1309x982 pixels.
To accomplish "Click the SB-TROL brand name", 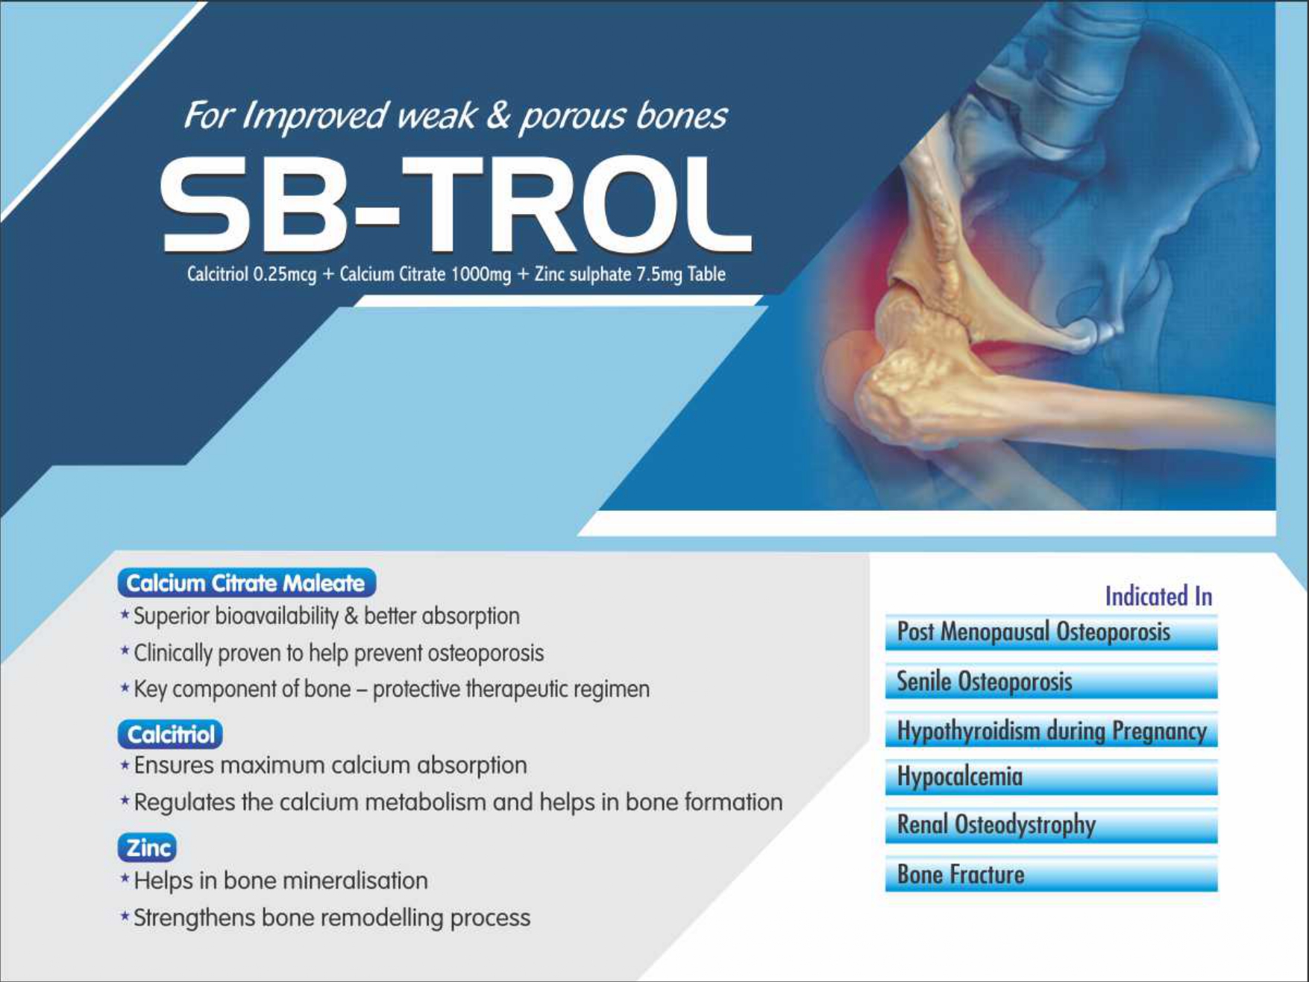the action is click(456, 204).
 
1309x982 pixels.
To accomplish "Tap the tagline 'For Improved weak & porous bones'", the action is click(455, 116).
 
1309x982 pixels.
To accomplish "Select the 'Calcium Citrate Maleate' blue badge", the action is click(246, 582).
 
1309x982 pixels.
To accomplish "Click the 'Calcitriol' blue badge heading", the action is click(170, 734).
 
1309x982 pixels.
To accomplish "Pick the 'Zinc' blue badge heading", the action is click(147, 848).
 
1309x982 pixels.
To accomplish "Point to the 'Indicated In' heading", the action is click(1158, 597).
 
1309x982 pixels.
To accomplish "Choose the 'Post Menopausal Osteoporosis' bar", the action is click(1051, 632).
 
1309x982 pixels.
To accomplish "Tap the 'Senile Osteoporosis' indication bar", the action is click(1051, 682).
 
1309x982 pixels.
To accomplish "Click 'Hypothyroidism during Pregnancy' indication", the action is click(1051, 731).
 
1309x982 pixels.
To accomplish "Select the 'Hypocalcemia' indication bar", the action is click(1051, 778).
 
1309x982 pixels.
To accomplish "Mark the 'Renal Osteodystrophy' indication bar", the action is click(1051, 825).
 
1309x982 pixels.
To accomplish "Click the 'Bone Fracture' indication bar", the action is click(1051, 875).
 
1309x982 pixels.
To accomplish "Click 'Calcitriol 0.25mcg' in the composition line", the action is click(251, 274).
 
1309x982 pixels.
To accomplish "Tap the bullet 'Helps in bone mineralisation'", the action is click(274, 881).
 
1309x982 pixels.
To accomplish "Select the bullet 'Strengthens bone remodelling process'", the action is click(325, 918).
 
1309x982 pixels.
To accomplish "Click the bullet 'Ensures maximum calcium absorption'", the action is click(323, 765).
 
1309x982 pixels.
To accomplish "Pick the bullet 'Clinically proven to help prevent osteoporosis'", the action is click(332, 653).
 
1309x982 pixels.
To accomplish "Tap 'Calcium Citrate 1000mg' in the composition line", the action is click(425, 274).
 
